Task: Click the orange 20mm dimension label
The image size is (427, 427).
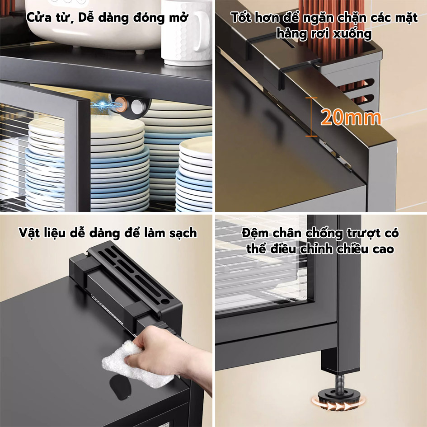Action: tap(351, 117)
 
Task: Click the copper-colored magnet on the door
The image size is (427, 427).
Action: tap(119, 104)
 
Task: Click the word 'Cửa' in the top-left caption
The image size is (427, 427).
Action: tap(39, 18)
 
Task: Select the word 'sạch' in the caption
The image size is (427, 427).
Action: tap(183, 234)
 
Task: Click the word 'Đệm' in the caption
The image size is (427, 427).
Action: tap(255, 233)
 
